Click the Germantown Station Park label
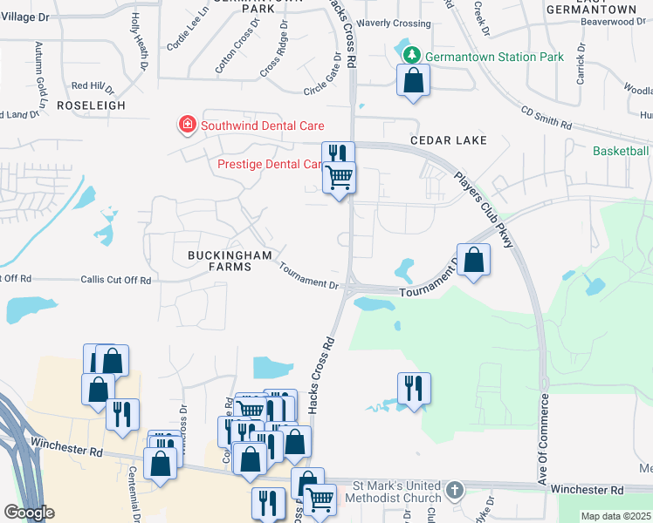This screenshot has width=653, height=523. point(495,57)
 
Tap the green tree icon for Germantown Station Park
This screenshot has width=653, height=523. point(412,56)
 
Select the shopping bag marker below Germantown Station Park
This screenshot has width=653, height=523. point(414,81)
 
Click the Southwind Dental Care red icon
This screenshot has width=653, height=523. point(186,126)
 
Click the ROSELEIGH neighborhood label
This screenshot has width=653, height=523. point(91,105)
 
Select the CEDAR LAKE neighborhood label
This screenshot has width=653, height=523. point(451,139)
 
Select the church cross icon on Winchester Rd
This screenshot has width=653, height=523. point(454,490)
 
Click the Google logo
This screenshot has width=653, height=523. point(29,512)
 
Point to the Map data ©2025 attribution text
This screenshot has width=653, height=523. point(615,516)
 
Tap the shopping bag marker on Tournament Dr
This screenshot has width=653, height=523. point(473,261)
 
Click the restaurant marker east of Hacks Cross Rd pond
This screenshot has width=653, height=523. point(414,388)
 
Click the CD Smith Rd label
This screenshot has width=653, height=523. point(546,119)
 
